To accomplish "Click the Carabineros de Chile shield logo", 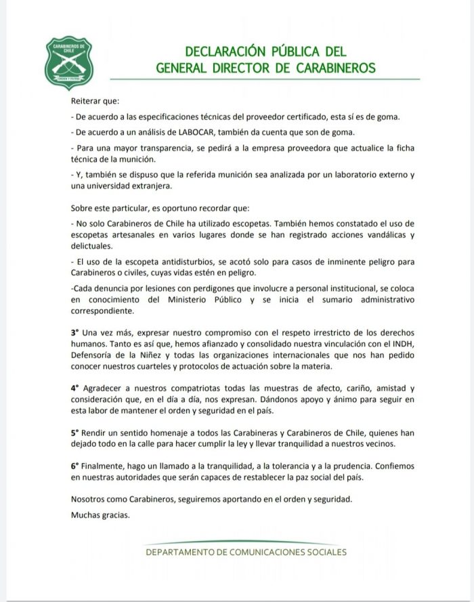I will coord(68,63).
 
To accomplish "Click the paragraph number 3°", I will coord(74,333).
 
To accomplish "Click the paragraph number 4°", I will coord(74,388).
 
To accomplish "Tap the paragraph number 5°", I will coord(74,432).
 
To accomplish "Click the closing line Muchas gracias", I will coord(100,514).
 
